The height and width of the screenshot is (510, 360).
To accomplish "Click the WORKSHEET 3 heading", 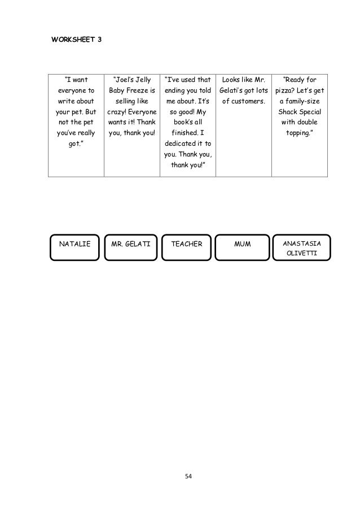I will coord(76,41).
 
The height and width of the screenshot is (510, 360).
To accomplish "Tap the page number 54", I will coord(188,477).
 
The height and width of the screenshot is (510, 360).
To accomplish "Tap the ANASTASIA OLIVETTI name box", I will coord(302,249).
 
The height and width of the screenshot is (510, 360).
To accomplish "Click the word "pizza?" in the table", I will coord(286,90).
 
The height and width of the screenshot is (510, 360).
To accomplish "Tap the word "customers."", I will coord(249,101).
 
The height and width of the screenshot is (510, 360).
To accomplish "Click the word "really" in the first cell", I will coord(85,133).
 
